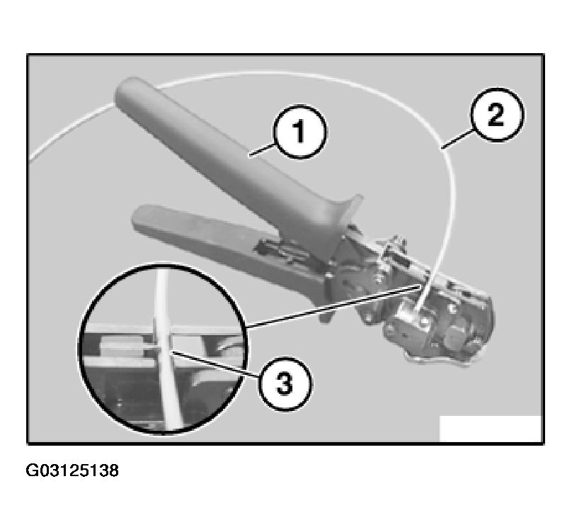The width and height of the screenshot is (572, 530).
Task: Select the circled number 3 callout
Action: pos(282,385)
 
